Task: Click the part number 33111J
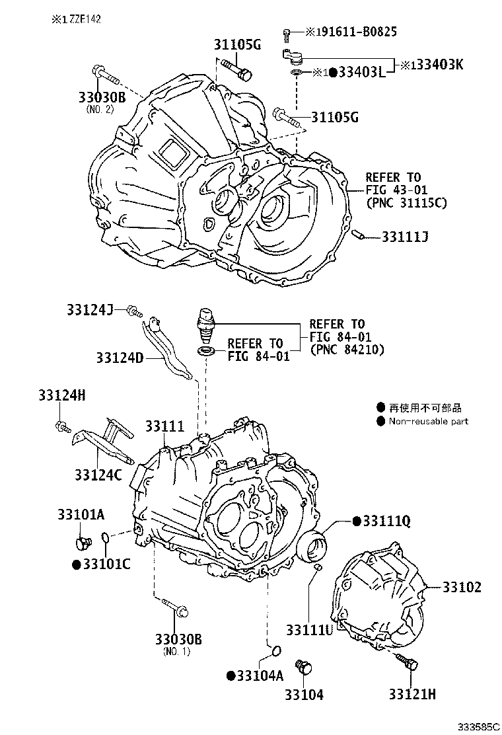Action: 405,237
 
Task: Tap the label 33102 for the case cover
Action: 462,587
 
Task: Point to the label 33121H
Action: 412,694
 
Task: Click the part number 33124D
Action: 120,358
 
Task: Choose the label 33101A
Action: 81,514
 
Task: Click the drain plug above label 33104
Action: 304,667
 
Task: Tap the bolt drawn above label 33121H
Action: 408,662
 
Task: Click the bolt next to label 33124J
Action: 134,310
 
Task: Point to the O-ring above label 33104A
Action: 277,650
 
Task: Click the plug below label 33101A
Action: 83,543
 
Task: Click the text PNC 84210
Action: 347,349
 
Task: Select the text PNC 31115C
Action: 406,203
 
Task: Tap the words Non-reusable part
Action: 429,421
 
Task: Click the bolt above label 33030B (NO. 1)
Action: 174,607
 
